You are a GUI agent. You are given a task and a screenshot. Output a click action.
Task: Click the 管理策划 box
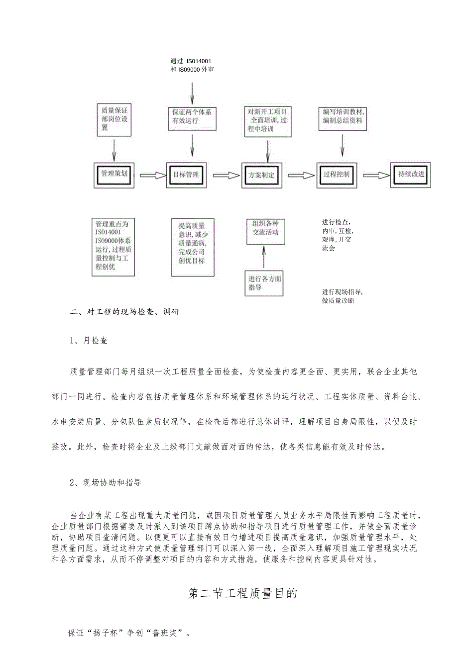coord(114,175)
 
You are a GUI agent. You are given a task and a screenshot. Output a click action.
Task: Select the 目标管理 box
coord(186,175)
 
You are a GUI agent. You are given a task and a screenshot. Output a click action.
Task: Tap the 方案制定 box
coord(261,175)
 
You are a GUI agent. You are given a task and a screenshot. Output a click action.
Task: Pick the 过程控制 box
coord(337,175)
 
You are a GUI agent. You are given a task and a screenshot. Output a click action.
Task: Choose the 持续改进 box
coord(411,175)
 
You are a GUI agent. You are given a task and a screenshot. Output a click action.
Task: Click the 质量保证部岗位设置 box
coord(114,119)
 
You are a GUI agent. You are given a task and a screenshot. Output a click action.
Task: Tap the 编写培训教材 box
coord(343,117)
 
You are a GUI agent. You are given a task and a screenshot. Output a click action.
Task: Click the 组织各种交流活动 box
coord(266,231)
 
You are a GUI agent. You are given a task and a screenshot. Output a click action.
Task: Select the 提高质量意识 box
coord(192,247)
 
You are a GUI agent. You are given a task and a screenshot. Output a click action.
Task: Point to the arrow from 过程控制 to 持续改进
coord(376,175)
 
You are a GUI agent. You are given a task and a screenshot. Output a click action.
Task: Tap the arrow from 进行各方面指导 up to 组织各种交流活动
coord(264,257)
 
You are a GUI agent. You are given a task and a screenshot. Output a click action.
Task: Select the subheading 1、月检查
coord(89,341)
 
